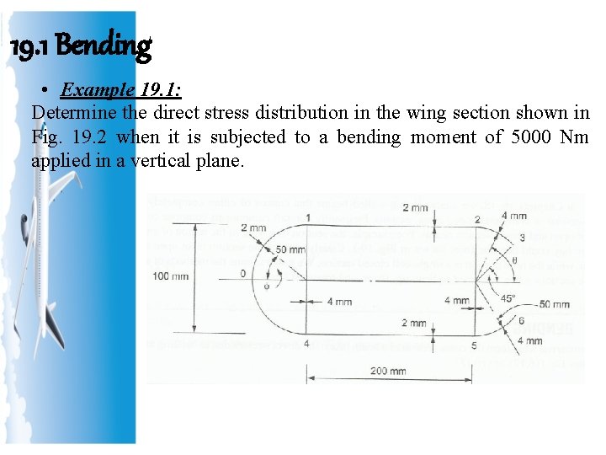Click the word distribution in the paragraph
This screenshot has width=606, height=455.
pos(276,112)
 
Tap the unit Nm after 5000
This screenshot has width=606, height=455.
pos(573,136)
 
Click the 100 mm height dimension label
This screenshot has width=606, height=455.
pos(171,276)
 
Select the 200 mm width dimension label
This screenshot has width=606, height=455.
pos(387,371)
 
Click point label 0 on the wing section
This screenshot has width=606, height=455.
pos(243,273)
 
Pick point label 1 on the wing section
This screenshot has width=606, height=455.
pos(308,217)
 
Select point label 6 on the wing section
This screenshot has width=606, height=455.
pos(521,321)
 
